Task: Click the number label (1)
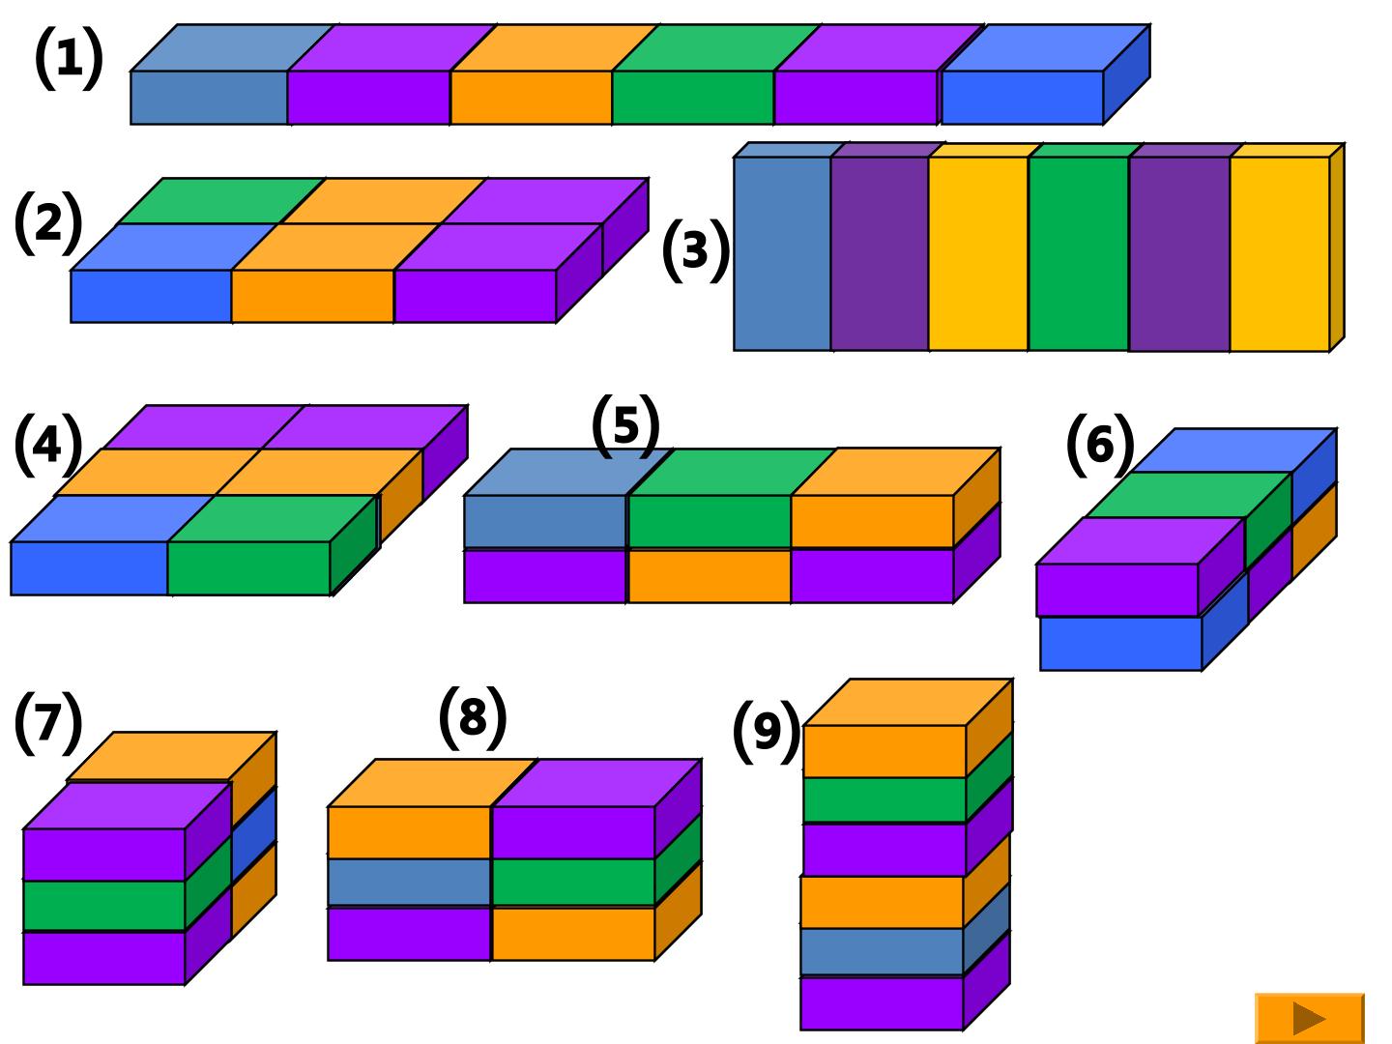[70, 58]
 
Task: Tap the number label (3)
[696, 250]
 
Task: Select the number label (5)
[626, 425]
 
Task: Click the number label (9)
[767, 732]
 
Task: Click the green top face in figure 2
[220, 201]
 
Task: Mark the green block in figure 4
[273, 545]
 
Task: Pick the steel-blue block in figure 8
[409, 883]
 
